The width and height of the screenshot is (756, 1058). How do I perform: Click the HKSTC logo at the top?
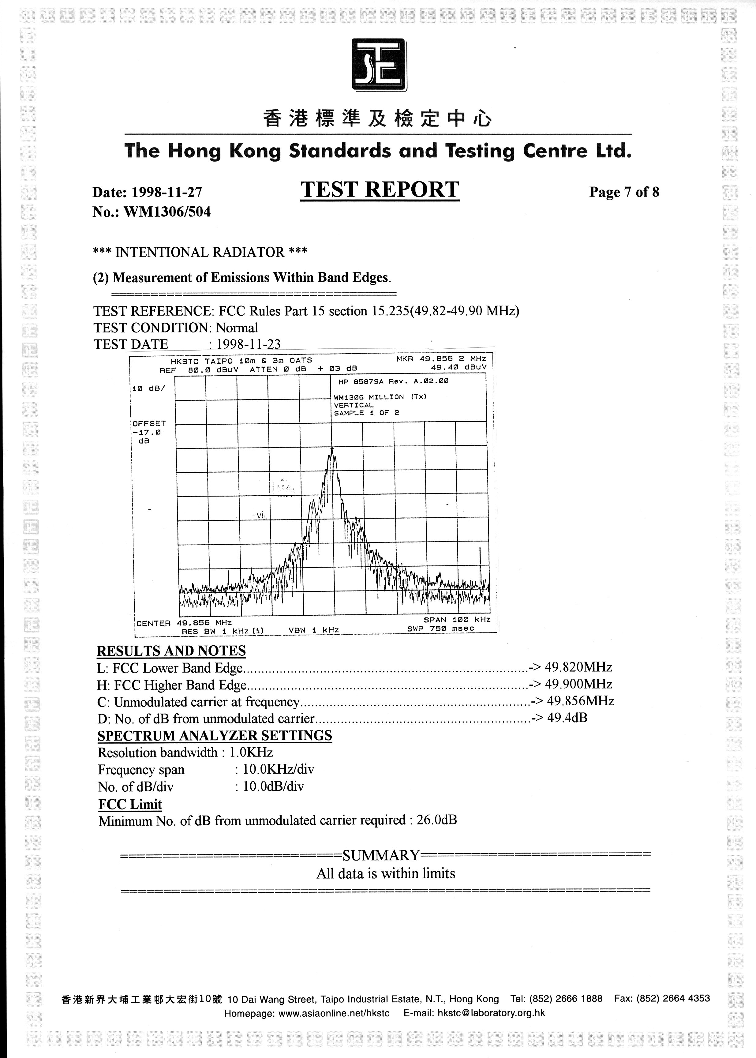tap(379, 65)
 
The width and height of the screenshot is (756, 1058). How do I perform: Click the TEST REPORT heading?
tap(380, 190)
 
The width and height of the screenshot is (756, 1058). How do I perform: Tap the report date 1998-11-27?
tap(167, 192)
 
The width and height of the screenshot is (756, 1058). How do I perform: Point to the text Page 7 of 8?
tap(624, 192)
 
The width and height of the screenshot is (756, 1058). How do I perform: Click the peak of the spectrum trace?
tap(332, 449)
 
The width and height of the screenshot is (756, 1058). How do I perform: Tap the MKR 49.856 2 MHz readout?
tap(441, 358)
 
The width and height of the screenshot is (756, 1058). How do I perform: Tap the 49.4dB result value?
tap(567, 718)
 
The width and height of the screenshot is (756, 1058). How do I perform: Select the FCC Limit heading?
tap(130, 804)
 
